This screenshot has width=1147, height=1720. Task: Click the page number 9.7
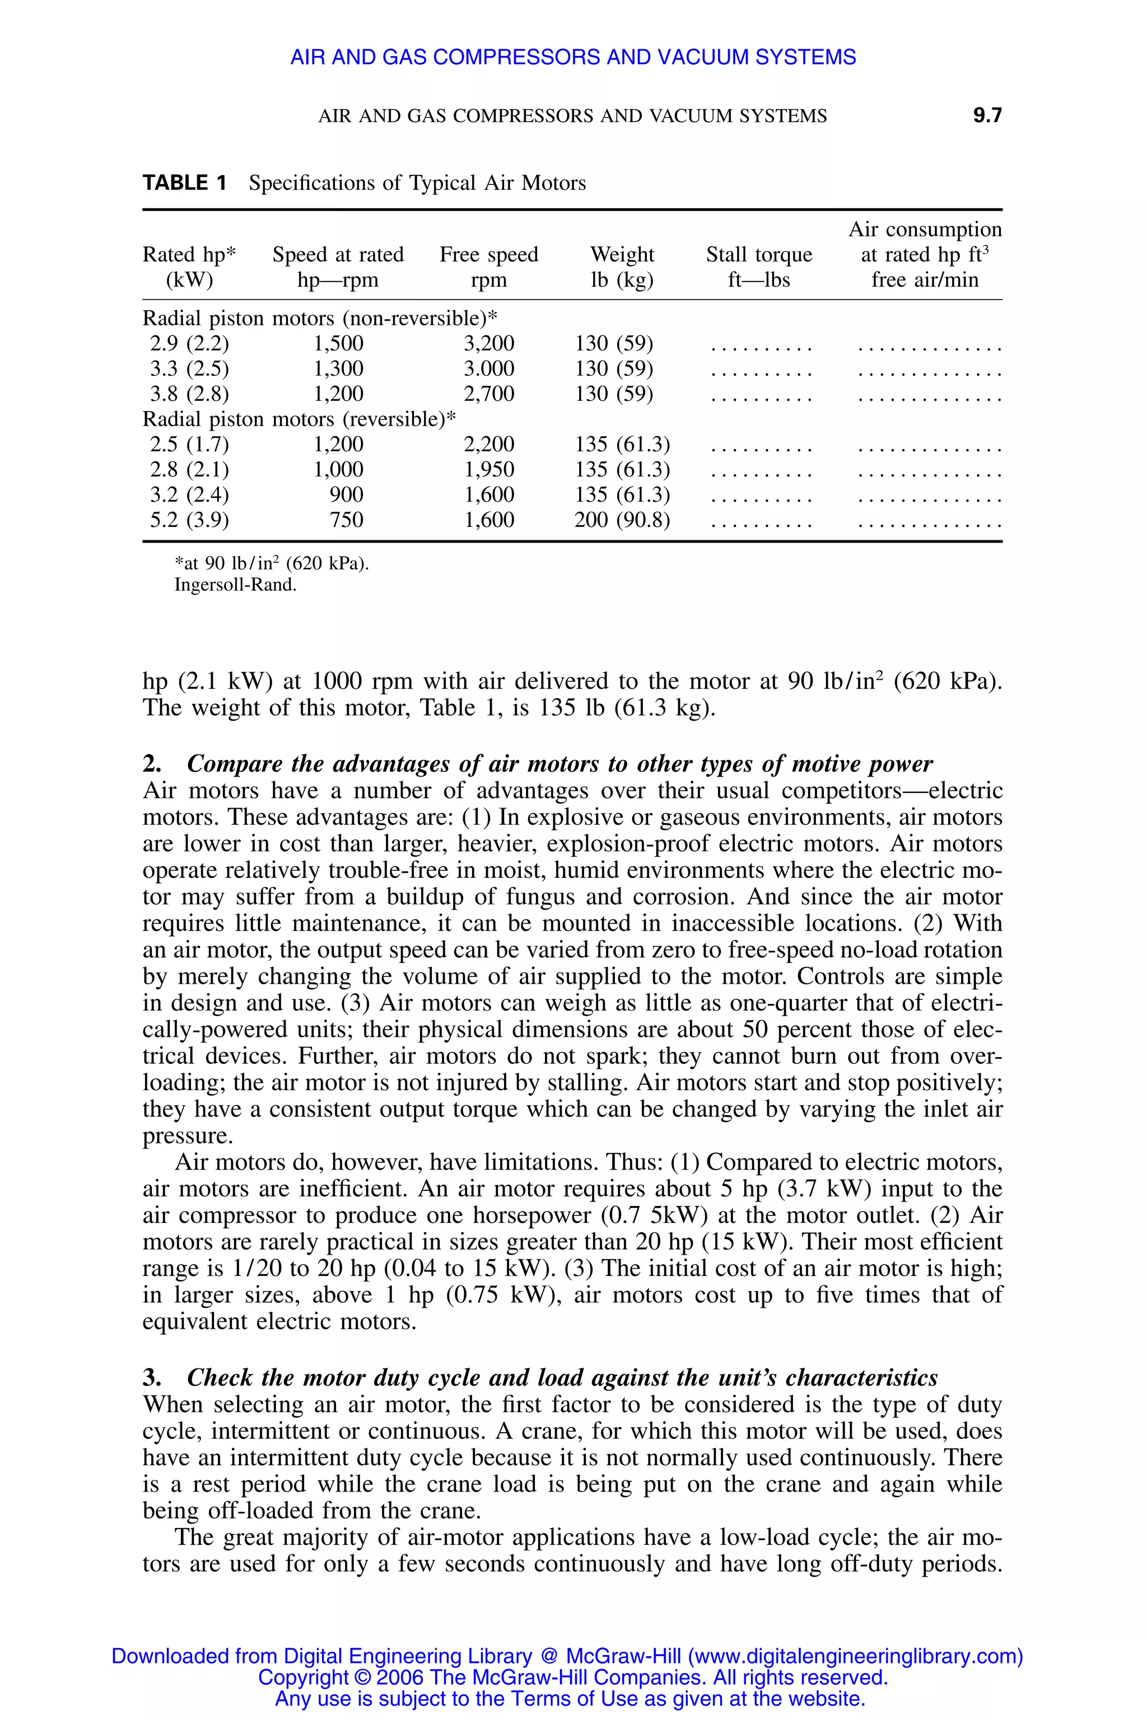pos(987,115)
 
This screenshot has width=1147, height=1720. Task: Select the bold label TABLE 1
pos(184,183)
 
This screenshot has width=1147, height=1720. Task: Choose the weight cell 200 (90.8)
pos(622,520)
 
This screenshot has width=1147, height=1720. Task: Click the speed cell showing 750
pos(346,520)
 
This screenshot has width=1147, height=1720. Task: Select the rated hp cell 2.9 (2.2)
pos(189,344)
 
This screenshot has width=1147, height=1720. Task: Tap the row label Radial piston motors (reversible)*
pos(299,419)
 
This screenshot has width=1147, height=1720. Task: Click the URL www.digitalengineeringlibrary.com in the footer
pos(855,1656)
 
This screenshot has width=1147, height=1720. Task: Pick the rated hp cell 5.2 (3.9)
pos(189,520)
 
